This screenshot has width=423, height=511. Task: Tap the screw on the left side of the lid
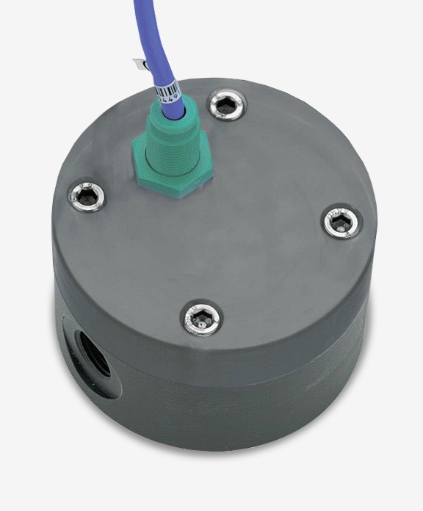87,195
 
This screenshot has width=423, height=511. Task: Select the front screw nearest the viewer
202,318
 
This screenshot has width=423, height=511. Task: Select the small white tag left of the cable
137,65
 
